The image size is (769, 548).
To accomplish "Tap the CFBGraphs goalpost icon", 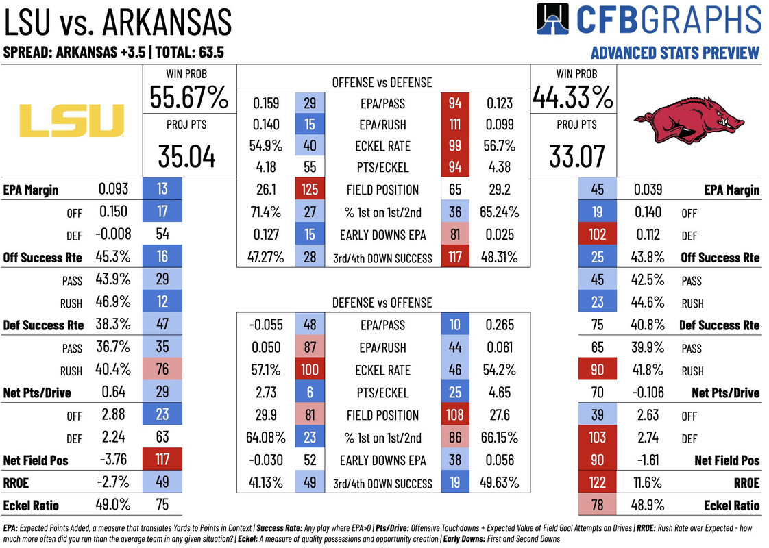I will [552, 20].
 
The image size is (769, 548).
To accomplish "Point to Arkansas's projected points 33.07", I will [577, 156].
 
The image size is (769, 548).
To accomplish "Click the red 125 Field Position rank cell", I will [309, 190].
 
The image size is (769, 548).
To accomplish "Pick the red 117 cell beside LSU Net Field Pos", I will [162, 460].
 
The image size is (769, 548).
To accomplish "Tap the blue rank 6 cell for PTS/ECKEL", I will [309, 393].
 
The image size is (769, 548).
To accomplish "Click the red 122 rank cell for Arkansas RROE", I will [597, 483].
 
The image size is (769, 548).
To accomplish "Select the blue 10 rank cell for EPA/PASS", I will [455, 325].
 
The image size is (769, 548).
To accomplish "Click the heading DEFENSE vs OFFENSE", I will [382, 302].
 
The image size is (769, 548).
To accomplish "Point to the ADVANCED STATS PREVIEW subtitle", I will [674, 53].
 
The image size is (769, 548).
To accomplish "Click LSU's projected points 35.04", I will [187, 156].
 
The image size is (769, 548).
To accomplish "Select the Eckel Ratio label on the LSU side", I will [31, 506].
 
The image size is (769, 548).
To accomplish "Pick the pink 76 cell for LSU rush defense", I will [162, 370].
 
